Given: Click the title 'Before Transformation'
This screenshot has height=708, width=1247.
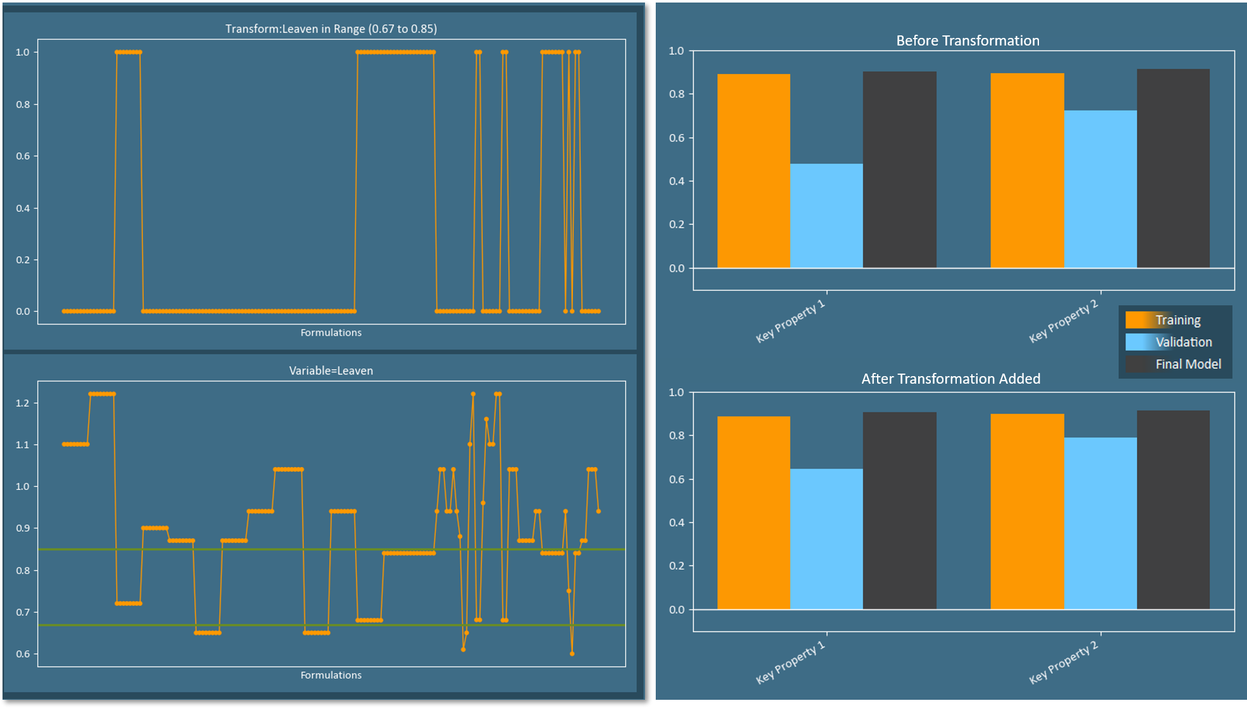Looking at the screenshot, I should point(967,40).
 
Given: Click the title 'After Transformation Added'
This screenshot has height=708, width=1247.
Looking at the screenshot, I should point(950,379).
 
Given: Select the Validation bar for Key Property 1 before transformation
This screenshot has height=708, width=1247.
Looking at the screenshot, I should point(826,216).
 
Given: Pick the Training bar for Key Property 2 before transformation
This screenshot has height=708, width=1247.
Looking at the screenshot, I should point(1027,171).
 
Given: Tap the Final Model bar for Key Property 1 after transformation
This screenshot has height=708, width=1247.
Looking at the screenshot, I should point(899,511).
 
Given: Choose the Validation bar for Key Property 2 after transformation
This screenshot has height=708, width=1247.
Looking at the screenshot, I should point(1100,523).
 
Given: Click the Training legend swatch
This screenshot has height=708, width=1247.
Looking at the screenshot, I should point(1138,320).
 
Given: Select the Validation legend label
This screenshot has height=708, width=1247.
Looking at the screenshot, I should point(1184,342).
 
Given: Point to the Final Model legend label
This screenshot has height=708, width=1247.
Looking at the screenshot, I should point(1188,364).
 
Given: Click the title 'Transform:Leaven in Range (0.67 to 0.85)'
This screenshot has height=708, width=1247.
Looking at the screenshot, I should point(331,29).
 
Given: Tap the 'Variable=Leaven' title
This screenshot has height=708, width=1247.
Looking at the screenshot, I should point(331,371).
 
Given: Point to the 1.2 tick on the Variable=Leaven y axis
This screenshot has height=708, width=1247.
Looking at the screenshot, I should point(23,403).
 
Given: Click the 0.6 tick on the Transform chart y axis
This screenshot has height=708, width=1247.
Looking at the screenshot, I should point(23,156).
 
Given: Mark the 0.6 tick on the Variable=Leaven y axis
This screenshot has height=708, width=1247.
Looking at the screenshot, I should point(23,654).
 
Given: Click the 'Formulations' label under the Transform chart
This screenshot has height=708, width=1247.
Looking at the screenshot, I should point(331,333).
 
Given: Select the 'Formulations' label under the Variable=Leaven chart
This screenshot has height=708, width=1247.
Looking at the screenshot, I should point(331,675).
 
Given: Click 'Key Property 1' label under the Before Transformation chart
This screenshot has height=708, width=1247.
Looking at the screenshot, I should point(791,321).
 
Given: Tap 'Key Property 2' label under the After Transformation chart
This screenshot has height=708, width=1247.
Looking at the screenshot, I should point(1064,662).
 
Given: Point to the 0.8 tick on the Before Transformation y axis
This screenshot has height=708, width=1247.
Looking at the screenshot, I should point(677,94).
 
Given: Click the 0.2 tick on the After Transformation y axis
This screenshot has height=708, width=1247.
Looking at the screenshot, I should point(677,566).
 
